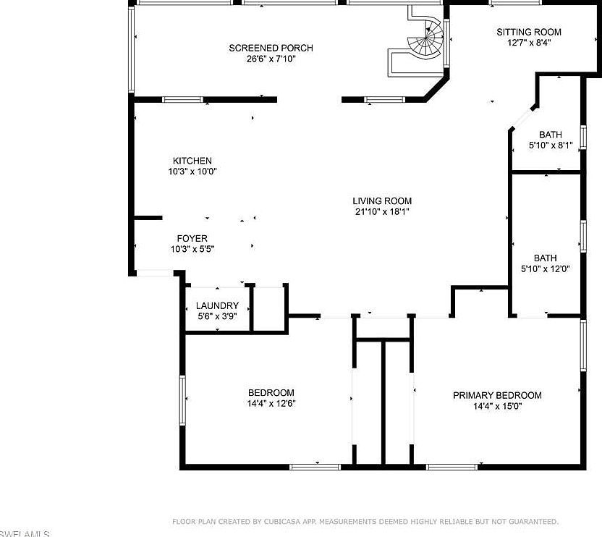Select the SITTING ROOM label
[528, 32]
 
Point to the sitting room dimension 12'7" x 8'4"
[528, 43]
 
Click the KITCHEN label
[192, 161]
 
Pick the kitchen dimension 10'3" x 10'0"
[192, 172]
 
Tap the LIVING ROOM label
[382, 201]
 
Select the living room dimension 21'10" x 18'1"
[382, 212]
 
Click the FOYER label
[192, 238]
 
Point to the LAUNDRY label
[217, 305]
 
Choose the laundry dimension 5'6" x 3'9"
[217, 316]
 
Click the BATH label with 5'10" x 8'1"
[550, 135]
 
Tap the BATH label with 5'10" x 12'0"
[545, 258]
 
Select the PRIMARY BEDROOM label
[497, 395]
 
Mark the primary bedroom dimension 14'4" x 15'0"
[497, 406]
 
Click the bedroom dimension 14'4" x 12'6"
[271, 404]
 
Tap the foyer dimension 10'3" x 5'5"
[192, 249]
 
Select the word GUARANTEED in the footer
[531, 522]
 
